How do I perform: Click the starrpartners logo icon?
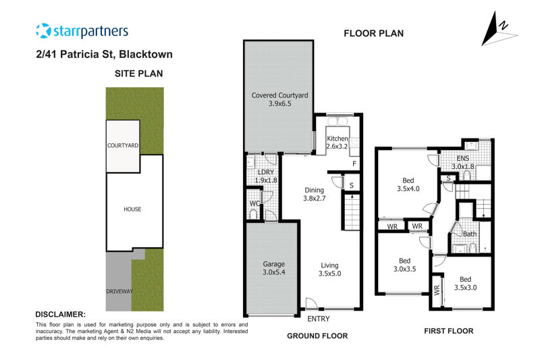pyautogui.click(x=43, y=30)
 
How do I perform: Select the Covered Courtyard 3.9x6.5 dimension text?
pyautogui.click(x=279, y=103)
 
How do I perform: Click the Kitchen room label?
pyautogui.click(x=337, y=138)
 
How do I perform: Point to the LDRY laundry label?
pyautogui.click(x=266, y=172)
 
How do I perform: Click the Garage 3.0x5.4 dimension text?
pyautogui.click(x=274, y=272)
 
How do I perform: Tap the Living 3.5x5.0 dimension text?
pyautogui.click(x=329, y=274)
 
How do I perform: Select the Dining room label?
pyautogui.click(x=314, y=190)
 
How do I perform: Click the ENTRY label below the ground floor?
pyautogui.click(x=318, y=319)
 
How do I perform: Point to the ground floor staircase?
pyautogui.click(x=352, y=211)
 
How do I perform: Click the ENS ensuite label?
pyautogui.click(x=462, y=158)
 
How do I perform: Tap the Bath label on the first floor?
pyautogui.click(x=470, y=234)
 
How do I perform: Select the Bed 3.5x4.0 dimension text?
pyautogui.click(x=408, y=189)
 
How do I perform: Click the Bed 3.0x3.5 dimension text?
pyautogui.click(x=404, y=269)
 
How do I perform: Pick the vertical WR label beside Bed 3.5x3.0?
pyautogui.click(x=437, y=290)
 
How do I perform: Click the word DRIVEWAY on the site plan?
pyautogui.click(x=119, y=292)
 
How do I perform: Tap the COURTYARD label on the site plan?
pyautogui.click(x=123, y=145)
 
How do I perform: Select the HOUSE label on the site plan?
pyautogui.click(x=132, y=209)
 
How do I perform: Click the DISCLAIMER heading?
pyautogui.click(x=60, y=315)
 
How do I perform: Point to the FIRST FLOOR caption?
pyautogui.click(x=448, y=331)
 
